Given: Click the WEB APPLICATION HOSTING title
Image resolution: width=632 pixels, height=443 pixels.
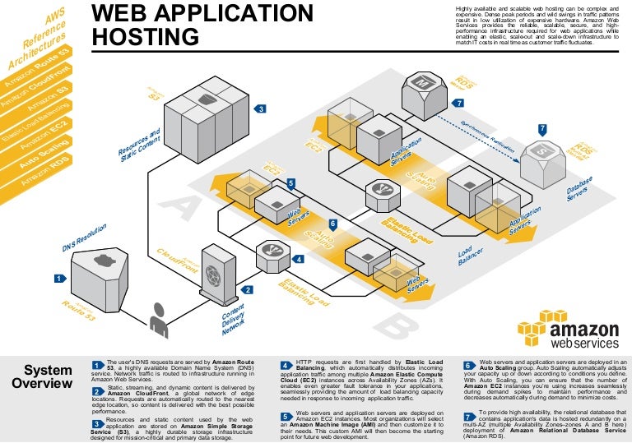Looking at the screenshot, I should [202, 25].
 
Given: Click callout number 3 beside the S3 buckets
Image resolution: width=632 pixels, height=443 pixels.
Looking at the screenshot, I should [260, 108].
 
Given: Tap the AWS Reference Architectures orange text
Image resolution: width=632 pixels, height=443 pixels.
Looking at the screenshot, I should [37, 41].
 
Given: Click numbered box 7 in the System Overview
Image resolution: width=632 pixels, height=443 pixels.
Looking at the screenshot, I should [468, 418].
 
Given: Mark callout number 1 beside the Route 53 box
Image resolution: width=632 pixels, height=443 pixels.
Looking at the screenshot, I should [60, 279].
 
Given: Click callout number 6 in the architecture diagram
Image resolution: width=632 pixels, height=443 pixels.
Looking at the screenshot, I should [332, 223].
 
